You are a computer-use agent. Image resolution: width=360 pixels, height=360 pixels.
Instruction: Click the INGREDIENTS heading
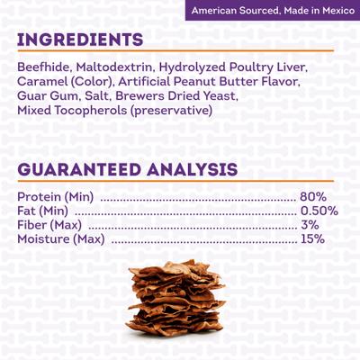79,40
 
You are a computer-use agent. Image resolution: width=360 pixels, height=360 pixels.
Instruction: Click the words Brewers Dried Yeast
185,95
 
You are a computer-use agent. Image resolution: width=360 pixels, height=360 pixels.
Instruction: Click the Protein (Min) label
56,196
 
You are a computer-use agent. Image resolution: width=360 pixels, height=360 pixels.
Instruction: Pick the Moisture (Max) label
60,239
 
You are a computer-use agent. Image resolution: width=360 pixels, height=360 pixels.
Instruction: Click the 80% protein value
314,196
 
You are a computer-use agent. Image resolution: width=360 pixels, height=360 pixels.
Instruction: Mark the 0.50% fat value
319,211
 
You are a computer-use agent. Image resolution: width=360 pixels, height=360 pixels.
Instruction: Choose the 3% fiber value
310,225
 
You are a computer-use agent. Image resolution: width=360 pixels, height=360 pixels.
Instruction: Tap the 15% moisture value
313,239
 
